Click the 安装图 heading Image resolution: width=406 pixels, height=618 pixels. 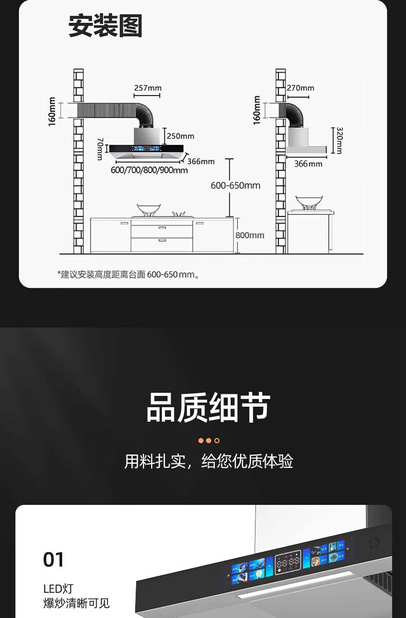click(105, 26)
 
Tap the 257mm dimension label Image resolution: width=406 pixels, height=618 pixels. click(147, 88)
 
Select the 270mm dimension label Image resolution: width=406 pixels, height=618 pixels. click(301, 88)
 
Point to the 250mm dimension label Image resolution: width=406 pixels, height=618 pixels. click(180, 136)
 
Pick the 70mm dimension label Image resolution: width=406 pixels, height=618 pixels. click(100, 149)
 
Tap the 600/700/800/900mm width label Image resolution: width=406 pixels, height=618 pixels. click(149, 170)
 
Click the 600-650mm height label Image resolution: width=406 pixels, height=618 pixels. click(235, 186)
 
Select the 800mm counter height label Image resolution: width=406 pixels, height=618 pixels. click(250, 235)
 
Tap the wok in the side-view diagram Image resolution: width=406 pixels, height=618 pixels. click(309, 202)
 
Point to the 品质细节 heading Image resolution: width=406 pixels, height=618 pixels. click(208, 408)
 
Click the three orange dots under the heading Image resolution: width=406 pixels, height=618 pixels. click(209, 441)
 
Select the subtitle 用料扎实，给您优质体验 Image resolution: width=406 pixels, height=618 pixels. click(208, 461)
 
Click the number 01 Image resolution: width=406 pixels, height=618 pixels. click(53, 559)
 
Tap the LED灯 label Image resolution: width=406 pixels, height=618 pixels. click(59, 589)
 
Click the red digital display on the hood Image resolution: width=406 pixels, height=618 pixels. click(287, 563)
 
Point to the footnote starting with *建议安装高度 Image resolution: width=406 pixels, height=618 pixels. click(128, 275)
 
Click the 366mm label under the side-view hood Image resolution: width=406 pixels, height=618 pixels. click(308, 163)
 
